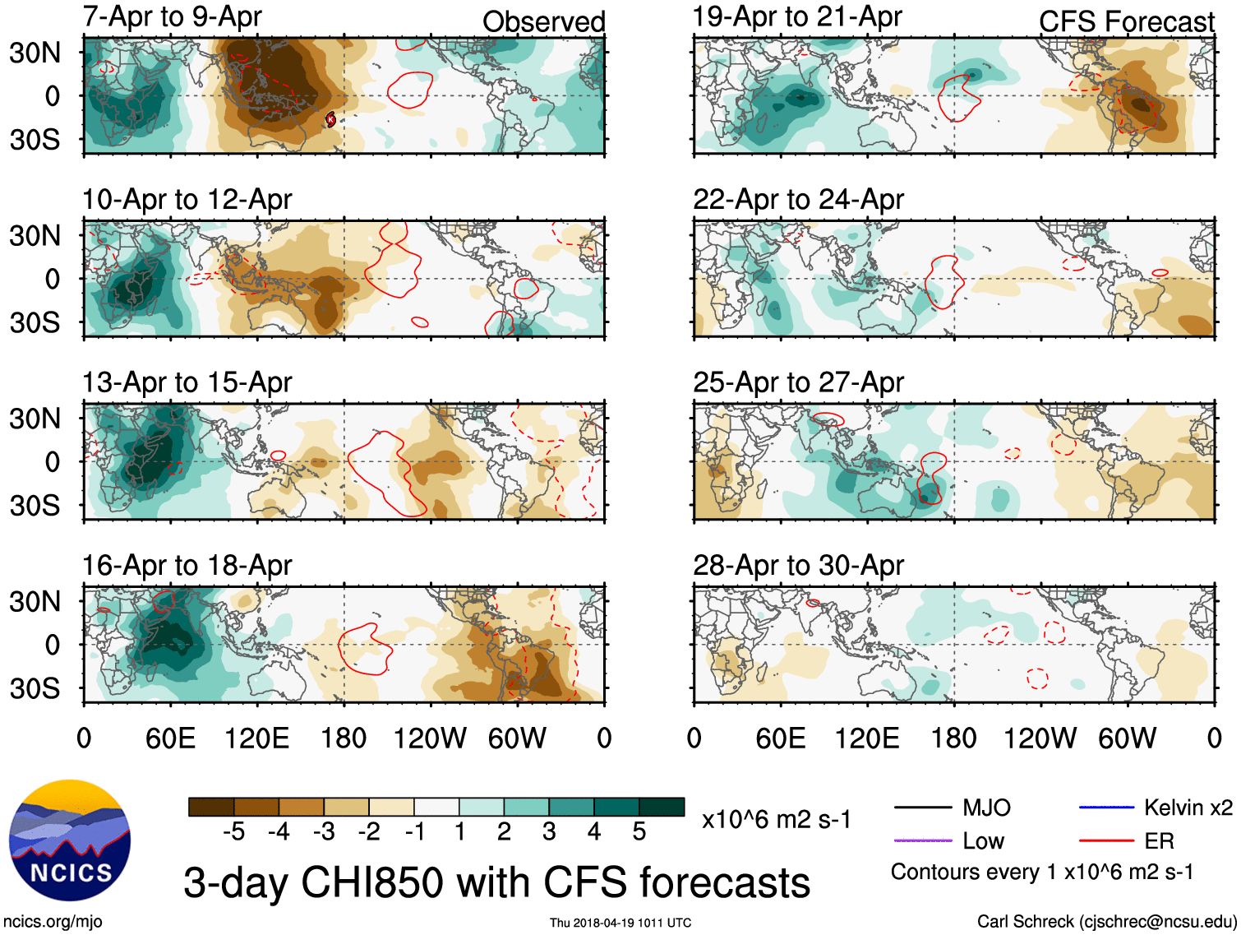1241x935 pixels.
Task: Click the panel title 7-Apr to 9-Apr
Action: pos(172,16)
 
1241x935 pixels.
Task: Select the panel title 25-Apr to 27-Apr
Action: pos(798,382)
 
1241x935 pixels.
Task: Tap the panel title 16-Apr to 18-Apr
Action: pos(187,566)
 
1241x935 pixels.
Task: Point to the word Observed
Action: pos(543,22)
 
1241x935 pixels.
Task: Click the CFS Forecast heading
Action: pos(1126,22)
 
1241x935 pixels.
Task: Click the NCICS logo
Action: pos(70,840)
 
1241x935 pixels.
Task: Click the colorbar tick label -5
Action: pos(234,832)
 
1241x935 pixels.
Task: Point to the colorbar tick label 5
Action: pos(639,832)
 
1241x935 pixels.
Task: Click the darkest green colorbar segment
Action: pos(662,807)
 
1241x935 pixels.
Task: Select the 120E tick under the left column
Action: pos(257,738)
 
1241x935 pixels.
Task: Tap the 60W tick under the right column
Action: pos(1127,738)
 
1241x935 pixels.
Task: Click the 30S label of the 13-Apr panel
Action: pos(35,505)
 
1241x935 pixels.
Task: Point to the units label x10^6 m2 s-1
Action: pos(776,820)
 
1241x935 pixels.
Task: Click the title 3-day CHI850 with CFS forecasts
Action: pos(496,882)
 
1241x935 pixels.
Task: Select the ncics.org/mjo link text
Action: pos(53,922)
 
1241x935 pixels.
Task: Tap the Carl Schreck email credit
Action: pos(1106,922)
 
